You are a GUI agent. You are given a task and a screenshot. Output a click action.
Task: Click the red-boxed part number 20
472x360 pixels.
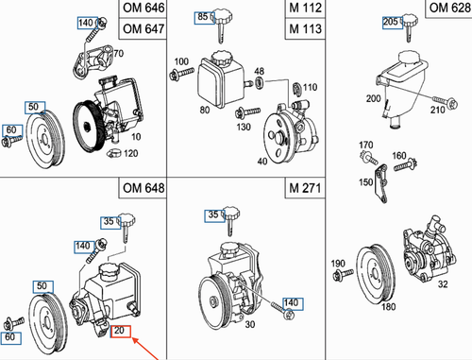[x=120, y=331]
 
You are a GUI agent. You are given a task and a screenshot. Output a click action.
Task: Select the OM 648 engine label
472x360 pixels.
[x=143, y=188]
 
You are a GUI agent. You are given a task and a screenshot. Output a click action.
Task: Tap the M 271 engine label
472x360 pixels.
[x=305, y=188]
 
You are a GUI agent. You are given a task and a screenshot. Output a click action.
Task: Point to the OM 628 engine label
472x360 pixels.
[x=450, y=8]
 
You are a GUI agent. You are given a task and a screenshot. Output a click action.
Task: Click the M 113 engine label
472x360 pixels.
[x=305, y=29]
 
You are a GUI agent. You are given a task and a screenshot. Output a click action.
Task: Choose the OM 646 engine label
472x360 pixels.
[x=143, y=8]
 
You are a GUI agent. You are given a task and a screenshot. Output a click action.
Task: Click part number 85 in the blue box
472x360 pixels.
[x=203, y=17]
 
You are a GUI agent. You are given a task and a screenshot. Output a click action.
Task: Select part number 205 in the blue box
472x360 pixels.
[x=391, y=22]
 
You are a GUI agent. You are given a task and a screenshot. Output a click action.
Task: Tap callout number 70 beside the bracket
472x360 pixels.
[x=118, y=54]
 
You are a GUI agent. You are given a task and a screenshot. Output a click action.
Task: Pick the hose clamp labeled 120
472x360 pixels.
[x=114, y=153]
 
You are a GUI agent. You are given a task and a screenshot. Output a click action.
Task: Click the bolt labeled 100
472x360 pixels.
[x=181, y=74]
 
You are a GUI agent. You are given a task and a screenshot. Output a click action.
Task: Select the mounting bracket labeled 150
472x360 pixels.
[x=380, y=183]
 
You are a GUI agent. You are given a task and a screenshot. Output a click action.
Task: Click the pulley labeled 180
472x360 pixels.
[x=376, y=275]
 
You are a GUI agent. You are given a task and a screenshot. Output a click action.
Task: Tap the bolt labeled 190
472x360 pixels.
[x=343, y=274]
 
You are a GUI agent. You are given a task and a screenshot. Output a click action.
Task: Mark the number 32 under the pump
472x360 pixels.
[x=443, y=284]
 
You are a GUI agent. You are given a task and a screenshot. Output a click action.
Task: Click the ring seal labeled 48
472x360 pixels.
[x=260, y=82]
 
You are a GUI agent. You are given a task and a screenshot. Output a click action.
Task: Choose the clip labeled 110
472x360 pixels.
[x=296, y=88]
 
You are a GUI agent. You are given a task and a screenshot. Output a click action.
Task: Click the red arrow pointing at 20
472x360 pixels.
[x=145, y=349]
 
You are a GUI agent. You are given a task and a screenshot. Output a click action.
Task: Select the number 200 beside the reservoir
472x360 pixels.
[x=373, y=98]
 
